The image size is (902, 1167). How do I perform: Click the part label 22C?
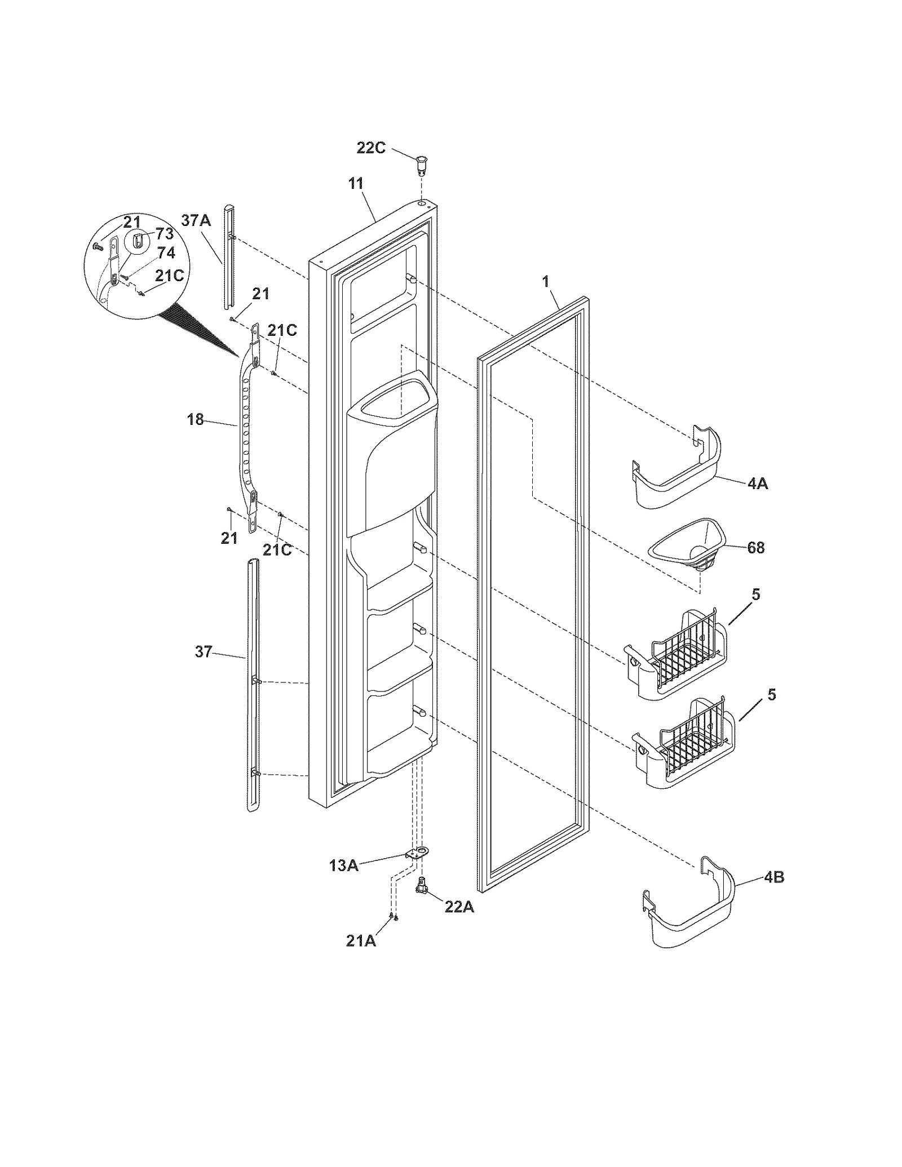click(371, 149)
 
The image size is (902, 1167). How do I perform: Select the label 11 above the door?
click(356, 184)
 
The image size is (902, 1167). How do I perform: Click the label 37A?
click(196, 220)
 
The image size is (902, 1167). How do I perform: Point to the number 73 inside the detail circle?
click(164, 233)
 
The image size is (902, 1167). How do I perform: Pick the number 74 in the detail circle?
click(166, 253)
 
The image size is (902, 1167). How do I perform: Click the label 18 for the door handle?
click(195, 420)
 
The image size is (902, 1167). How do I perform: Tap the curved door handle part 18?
click(246, 434)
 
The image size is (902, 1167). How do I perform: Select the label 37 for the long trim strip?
click(203, 652)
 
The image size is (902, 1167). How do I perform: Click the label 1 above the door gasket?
click(545, 282)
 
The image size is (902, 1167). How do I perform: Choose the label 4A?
click(757, 483)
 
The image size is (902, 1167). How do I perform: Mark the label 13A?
click(344, 866)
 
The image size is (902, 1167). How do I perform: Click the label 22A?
click(459, 908)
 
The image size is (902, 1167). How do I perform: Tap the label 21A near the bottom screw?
click(361, 941)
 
